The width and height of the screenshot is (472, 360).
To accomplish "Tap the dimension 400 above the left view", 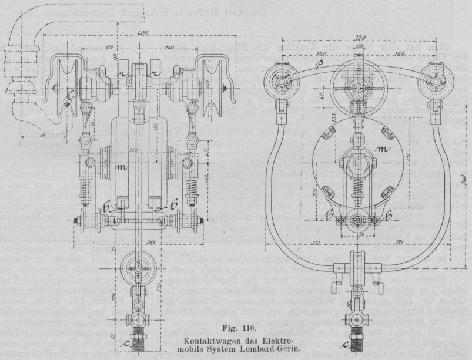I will pos(142,36).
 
